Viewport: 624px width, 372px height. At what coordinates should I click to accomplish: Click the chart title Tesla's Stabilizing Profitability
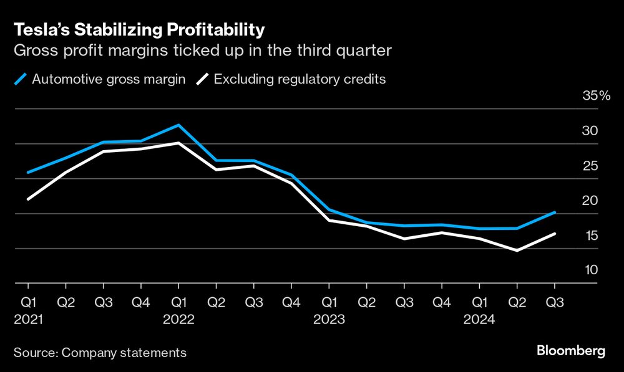139,30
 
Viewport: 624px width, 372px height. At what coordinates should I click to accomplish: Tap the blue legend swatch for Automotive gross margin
21,80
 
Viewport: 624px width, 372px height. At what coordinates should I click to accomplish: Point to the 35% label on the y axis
596,96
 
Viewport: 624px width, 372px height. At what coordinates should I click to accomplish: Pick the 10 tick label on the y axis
590,270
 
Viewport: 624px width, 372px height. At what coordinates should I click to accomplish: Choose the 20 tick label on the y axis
590,200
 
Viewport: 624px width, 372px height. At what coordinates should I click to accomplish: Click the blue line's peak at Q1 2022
178,125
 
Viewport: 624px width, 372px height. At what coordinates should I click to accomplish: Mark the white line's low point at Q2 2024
517,250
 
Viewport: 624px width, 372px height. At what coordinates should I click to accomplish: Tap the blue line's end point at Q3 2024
555,212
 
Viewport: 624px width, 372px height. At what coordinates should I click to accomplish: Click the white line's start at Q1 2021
28,199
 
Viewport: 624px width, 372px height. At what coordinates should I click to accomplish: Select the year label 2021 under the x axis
28,319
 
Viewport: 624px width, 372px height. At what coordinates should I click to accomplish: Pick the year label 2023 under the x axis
329,319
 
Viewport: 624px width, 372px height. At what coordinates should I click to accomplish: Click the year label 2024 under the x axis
479,319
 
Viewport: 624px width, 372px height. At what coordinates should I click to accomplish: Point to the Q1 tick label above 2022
178,303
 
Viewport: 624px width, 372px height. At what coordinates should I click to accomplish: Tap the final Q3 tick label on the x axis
555,303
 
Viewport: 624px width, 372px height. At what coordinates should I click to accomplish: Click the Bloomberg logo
570,351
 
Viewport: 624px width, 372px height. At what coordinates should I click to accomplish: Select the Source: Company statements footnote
100,353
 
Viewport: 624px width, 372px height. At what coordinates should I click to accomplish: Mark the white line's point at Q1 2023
329,221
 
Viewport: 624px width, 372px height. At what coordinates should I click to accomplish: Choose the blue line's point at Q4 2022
291,175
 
